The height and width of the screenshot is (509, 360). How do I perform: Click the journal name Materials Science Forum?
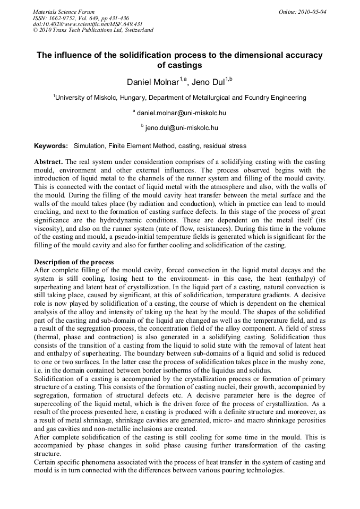64,11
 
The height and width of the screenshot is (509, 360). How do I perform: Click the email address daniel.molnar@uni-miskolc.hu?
182,113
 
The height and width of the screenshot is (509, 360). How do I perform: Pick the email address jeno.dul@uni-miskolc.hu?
182,128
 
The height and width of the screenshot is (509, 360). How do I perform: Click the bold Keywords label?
51,145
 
